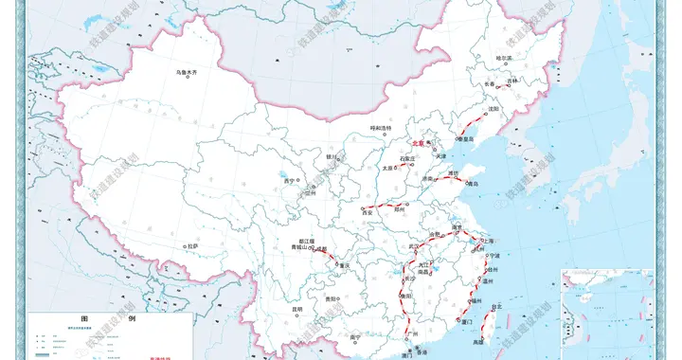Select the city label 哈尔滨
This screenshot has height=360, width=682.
point(503,59)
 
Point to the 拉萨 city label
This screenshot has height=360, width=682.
point(192,246)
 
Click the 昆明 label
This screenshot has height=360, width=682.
point(297,308)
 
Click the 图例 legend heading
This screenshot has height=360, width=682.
point(111,320)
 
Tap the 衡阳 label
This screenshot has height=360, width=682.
point(407,296)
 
